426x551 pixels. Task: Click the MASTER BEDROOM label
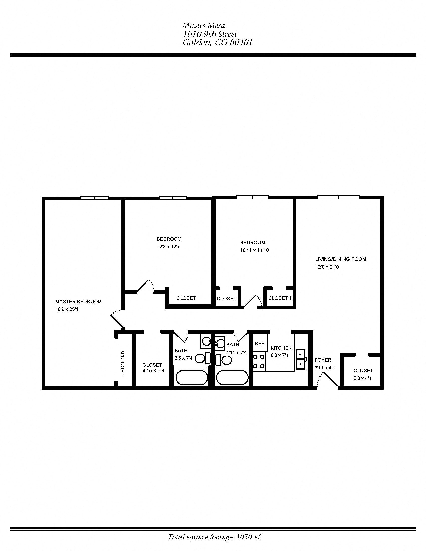78,301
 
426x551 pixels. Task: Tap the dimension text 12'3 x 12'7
168,247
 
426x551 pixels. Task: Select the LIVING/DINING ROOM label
341,259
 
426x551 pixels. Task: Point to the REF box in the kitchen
259,344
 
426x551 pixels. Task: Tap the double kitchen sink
301,359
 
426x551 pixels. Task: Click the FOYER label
323,360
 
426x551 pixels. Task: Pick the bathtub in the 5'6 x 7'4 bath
192,378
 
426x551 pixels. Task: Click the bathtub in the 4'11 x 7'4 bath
232,378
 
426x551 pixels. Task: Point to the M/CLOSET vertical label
122,363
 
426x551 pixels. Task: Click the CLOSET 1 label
280,298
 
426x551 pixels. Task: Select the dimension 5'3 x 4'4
363,378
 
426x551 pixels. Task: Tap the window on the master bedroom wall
95,198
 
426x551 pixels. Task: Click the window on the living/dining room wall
339,197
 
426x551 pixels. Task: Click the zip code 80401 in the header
241,42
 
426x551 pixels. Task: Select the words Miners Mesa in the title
203,26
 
